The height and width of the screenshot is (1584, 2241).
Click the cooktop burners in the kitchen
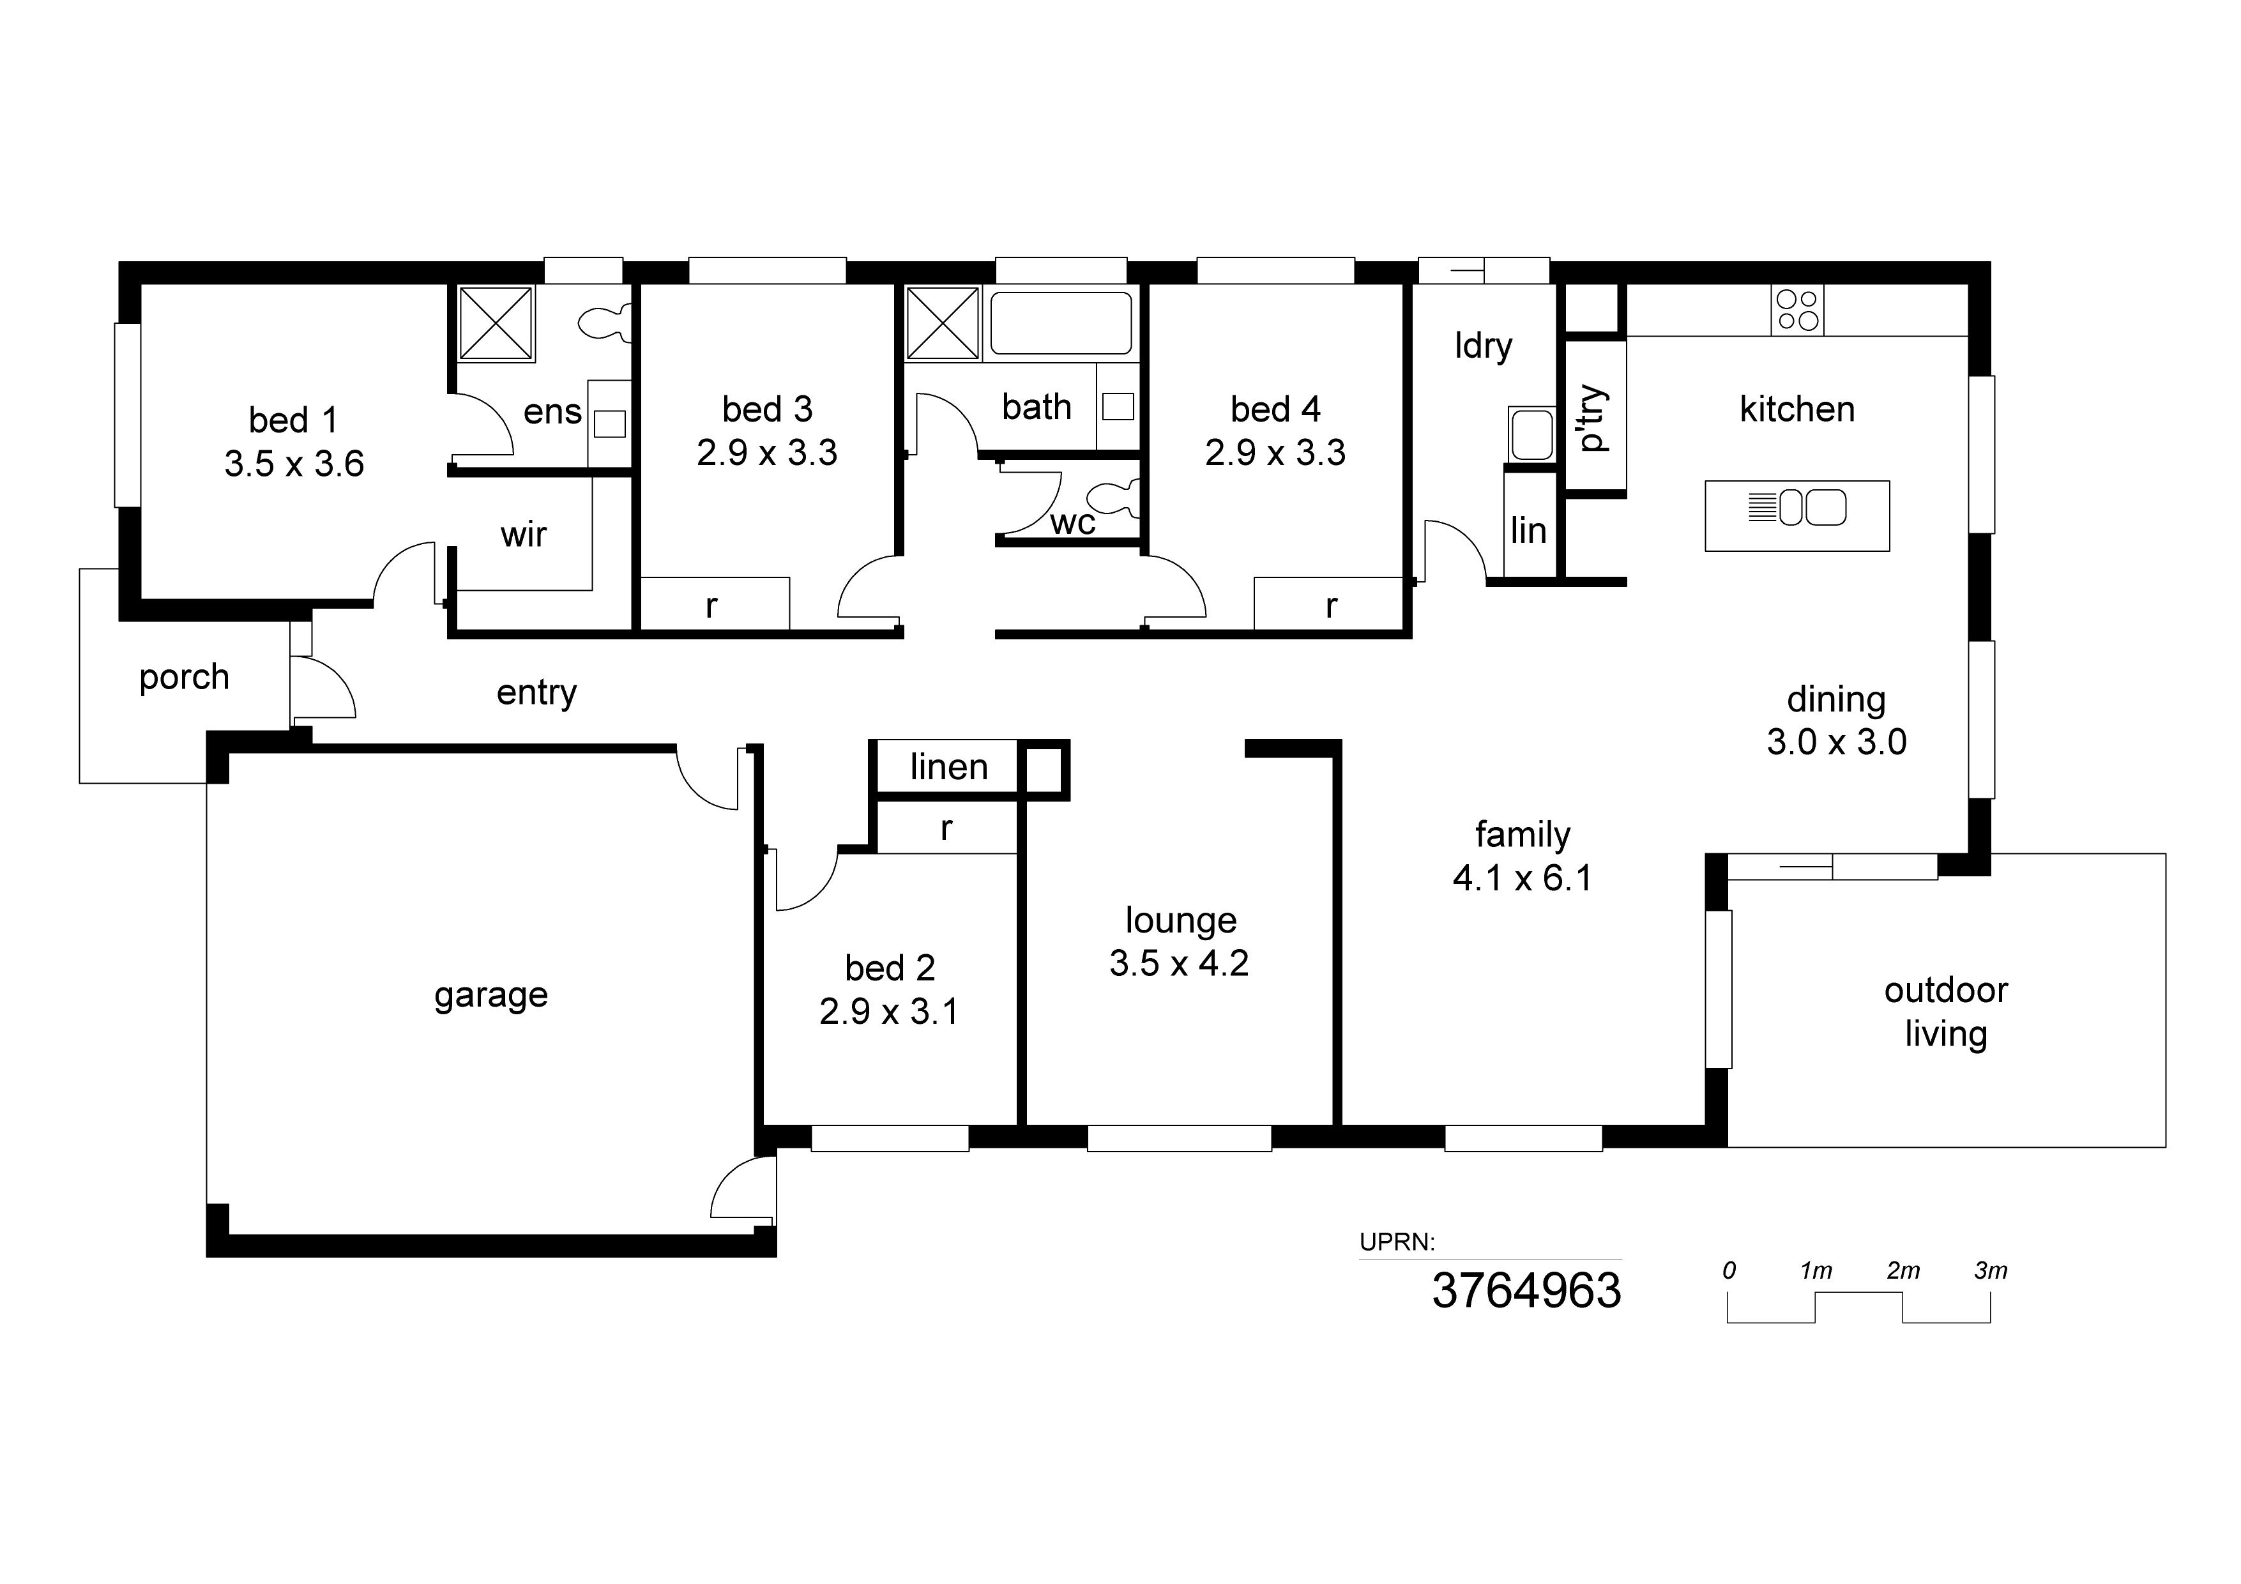coord(1797,310)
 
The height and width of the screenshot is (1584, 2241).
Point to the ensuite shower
coord(496,323)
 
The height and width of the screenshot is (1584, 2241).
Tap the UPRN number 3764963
coord(1526,1290)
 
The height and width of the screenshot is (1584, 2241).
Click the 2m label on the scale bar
coord(1903,1271)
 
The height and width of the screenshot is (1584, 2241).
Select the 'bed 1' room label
coord(292,421)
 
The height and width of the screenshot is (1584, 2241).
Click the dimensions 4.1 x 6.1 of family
coord(1522,878)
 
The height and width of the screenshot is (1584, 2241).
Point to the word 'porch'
coord(185,677)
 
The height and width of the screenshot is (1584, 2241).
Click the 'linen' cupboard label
coord(949,767)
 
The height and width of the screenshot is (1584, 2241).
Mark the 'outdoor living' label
coord(1946,1012)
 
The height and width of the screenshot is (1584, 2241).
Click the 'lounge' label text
coord(1181,921)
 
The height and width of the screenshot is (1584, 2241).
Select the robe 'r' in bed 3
coord(711,606)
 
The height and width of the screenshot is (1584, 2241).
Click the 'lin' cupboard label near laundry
coord(1528,531)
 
